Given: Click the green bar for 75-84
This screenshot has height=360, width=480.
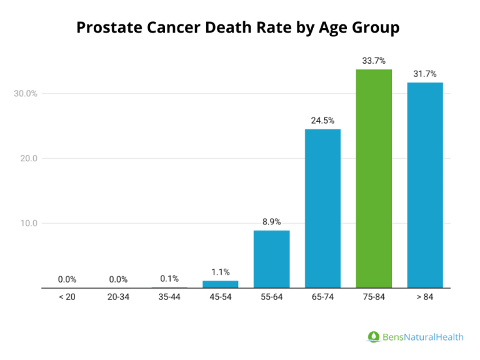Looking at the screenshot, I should pyautogui.click(x=374, y=178).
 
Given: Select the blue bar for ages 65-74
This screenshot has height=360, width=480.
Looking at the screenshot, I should pyautogui.click(x=322, y=208).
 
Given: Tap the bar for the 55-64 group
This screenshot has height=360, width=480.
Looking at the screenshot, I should pyautogui.click(x=271, y=259).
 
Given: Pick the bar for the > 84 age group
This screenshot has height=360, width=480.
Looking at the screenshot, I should pyautogui.click(x=425, y=185).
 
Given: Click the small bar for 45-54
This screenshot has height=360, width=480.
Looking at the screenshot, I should pyautogui.click(x=220, y=284).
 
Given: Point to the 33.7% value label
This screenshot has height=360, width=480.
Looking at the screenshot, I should pyautogui.click(x=374, y=61).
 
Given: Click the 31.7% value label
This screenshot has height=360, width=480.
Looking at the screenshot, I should pyautogui.click(x=425, y=74).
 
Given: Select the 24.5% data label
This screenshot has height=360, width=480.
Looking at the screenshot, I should pyautogui.click(x=322, y=120).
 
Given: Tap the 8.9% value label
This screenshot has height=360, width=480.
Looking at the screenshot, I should pyautogui.click(x=271, y=221).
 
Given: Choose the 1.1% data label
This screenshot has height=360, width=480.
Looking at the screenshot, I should pyautogui.click(x=220, y=272).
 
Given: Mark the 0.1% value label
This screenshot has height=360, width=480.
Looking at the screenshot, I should pyautogui.click(x=169, y=279).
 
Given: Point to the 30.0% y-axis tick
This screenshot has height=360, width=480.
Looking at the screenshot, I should pyautogui.click(x=26, y=94).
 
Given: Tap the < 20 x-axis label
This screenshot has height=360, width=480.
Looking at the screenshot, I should pyautogui.click(x=67, y=297).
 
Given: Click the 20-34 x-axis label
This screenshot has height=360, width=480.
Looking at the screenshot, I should pyautogui.click(x=118, y=297).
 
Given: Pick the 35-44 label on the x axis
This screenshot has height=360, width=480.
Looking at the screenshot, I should pyautogui.click(x=169, y=297).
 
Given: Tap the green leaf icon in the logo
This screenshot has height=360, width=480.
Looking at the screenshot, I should pyautogui.click(x=373, y=337).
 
